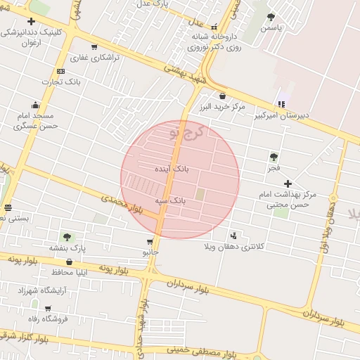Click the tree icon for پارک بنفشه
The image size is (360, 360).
click(67, 237)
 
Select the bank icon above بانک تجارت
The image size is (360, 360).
click(60, 71)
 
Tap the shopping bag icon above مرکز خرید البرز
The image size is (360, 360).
click(222, 96)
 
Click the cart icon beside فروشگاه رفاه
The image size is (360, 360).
click(48, 308)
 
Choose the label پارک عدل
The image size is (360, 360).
click(153, 4)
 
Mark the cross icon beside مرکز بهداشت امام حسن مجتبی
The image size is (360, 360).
click(288, 184)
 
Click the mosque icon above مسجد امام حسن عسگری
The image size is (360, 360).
click(34, 105)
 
